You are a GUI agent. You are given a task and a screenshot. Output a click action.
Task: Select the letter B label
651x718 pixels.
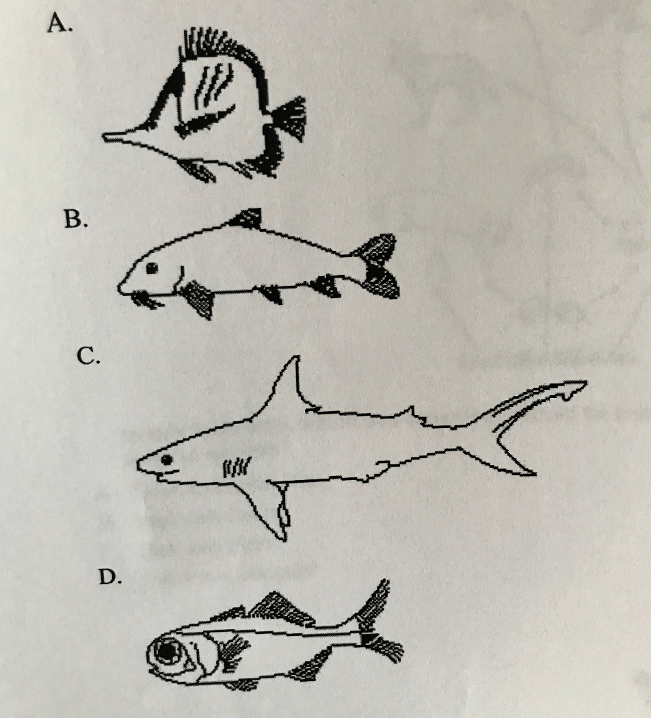coord(75,220)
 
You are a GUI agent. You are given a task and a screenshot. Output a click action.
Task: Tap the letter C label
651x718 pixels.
coord(88,356)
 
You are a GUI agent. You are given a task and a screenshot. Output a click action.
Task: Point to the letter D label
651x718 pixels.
coord(110,577)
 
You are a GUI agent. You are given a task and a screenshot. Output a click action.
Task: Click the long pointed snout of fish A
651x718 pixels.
coord(120,137)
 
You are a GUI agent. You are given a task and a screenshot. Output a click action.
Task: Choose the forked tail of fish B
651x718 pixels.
coord(375,265)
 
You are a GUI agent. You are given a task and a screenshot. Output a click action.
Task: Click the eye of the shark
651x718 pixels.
coord(167,459)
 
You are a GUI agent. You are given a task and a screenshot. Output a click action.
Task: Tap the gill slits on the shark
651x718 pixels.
coord(236,466)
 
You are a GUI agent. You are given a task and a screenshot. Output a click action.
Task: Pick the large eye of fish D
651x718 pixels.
coord(168,651)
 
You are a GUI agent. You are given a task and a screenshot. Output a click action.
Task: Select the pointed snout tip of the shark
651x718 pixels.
coord(138,464)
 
